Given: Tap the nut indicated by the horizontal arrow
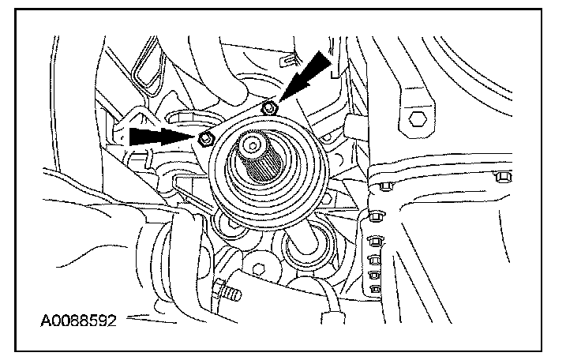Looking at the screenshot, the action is pyautogui.click(x=206, y=139).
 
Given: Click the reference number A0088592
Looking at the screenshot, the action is pyautogui.click(x=79, y=321).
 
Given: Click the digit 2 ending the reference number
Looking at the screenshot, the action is pyautogui.click(x=114, y=321).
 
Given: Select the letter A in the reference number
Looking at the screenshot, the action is pyautogui.click(x=45, y=321).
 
